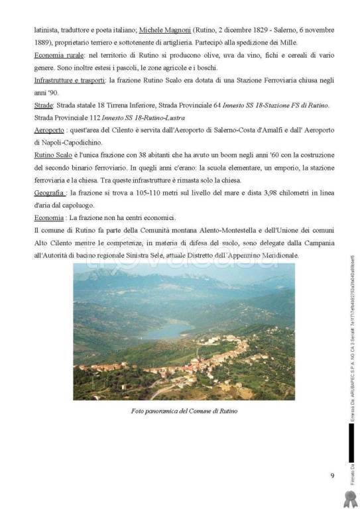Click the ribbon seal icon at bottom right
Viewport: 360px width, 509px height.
coord(352,494)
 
